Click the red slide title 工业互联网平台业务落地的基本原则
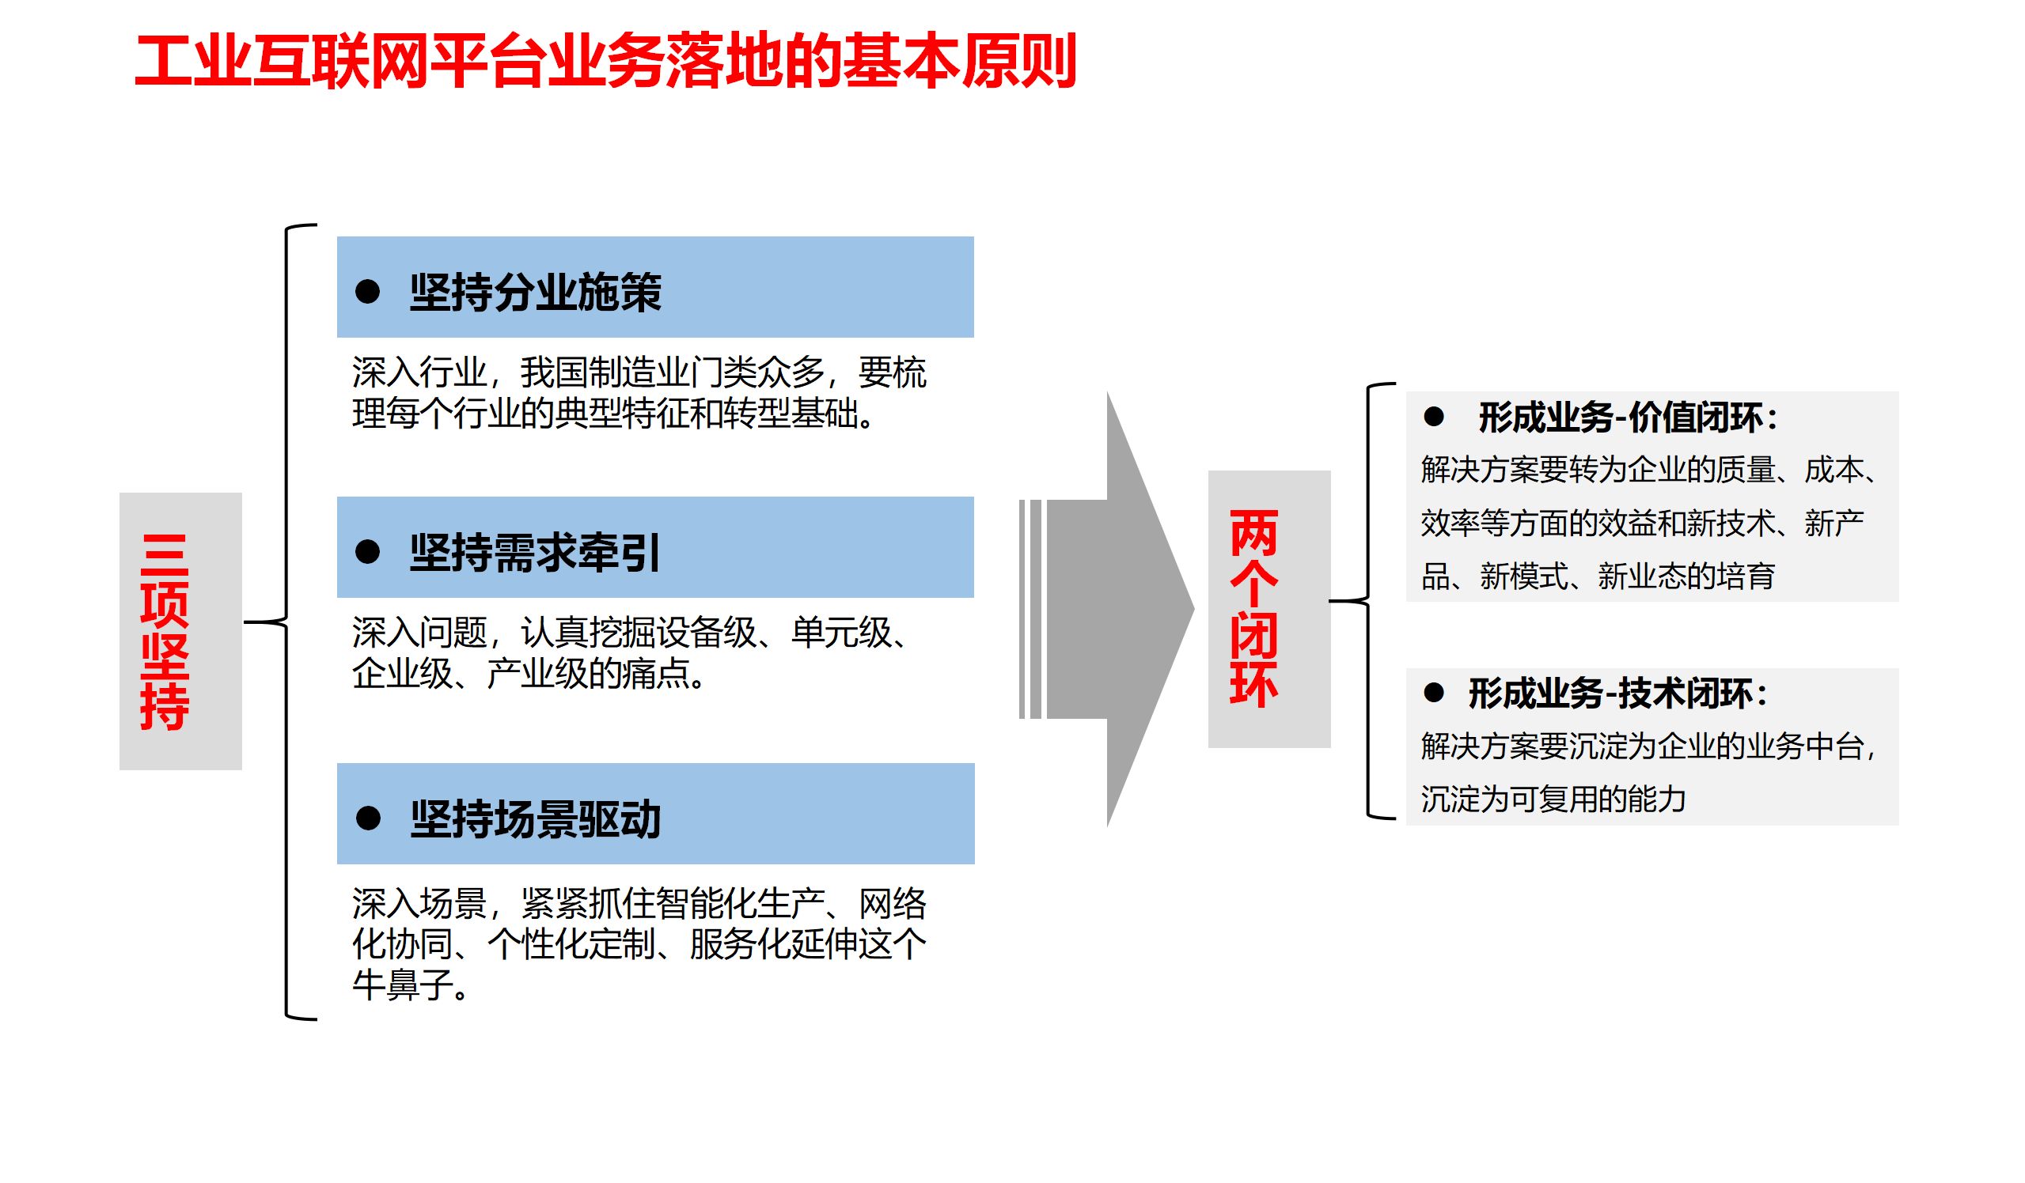coord(605,62)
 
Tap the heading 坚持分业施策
coord(535,293)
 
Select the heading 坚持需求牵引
coord(535,553)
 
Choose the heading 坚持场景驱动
coord(535,819)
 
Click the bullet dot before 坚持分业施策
coord(367,292)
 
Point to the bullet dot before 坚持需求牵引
coord(367,552)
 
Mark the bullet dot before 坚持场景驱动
coord(368,818)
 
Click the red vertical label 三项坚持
coord(165,632)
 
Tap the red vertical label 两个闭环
coord(1253,609)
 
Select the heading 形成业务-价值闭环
coord(1627,418)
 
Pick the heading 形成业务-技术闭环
coord(1617,694)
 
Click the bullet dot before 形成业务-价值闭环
coord(1434,417)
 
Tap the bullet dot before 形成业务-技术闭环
coord(1434,692)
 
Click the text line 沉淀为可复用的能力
coord(1553,799)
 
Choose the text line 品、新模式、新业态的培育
coord(1598,576)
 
